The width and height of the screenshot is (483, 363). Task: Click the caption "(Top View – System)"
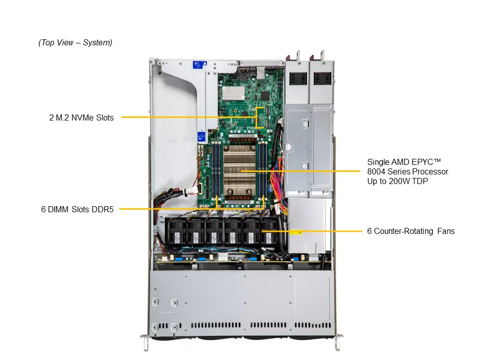click(75, 43)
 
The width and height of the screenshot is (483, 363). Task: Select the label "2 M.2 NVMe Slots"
click(82, 117)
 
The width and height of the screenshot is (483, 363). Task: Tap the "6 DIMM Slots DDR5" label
click(77, 209)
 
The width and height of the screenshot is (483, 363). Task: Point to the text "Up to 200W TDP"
click(397, 181)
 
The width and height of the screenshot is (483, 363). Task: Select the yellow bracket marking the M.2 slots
click(260, 117)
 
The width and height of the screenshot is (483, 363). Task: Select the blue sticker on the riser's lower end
click(201, 137)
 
